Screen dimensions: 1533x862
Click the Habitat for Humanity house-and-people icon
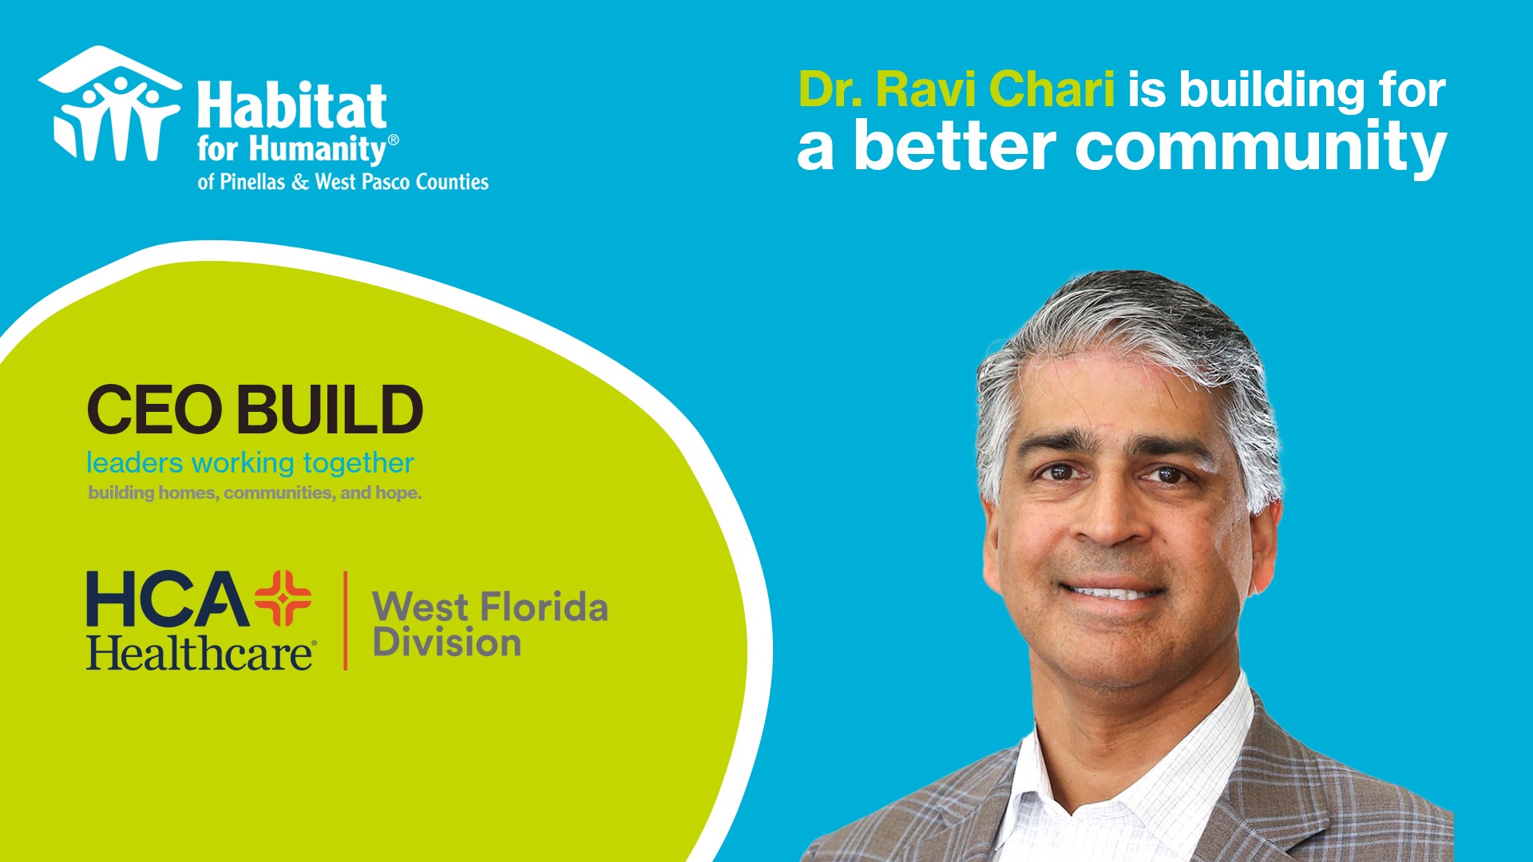point(109,105)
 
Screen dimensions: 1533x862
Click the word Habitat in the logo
point(292,106)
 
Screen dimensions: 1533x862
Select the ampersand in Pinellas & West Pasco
point(300,183)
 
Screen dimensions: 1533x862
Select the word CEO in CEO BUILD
point(154,409)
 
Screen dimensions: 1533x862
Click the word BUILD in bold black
point(329,409)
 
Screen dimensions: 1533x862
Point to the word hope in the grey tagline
point(397,493)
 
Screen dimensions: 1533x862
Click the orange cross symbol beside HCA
point(283,598)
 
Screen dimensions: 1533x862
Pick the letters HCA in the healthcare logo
point(168,599)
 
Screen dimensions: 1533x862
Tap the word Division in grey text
point(446,643)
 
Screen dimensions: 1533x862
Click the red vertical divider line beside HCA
point(346,620)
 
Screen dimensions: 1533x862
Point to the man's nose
point(1114,527)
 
